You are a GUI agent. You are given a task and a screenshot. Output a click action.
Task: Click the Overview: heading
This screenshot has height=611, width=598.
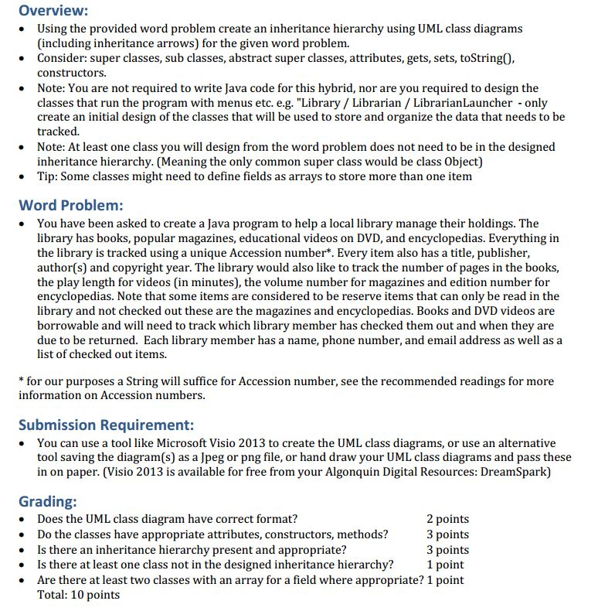[x=53, y=11]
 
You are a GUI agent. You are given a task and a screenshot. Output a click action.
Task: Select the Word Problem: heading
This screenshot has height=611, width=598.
[x=71, y=205]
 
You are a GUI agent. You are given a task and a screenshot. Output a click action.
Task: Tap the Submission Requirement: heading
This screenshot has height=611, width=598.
[x=106, y=425]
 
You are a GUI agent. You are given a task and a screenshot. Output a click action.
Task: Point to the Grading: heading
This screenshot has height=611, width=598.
[x=47, y=502]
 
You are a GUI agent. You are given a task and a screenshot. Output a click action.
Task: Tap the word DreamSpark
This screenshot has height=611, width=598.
[x=518, y=473]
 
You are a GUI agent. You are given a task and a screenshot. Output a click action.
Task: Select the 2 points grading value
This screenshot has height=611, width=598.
[x=447, y=519]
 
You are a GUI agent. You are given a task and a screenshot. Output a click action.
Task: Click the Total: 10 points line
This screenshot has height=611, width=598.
[x=78, y=594]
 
